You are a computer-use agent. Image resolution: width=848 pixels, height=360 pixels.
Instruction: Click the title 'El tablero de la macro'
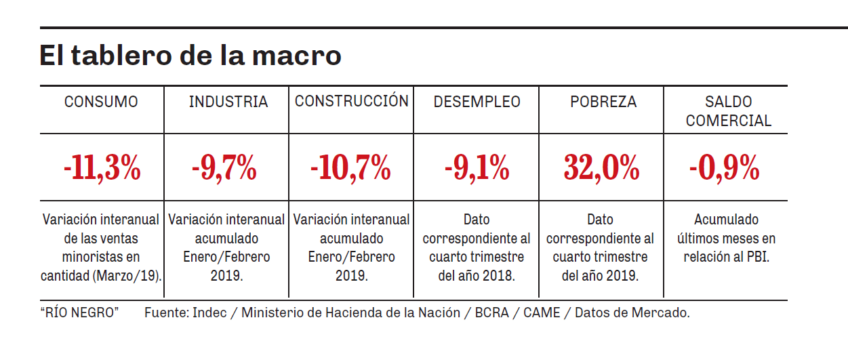pyautogui.click(x=190, y=56)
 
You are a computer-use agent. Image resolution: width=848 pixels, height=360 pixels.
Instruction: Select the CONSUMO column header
pyautogui.click(x=101, y=102)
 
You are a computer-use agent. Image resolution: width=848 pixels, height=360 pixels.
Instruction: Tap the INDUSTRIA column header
pyautogui.click(x=228, y=102)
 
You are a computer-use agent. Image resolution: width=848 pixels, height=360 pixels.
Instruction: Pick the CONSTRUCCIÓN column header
pyautogui.click(x=351, y=101)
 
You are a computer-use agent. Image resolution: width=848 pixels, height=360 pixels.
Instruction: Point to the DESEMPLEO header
pyautogui.click(x=477, y=102)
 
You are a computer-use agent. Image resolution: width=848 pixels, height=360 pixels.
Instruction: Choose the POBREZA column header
pyautogui.click(x=603, y=102)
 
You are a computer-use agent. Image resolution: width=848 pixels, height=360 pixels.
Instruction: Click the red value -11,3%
pyautogui.click(x=102, y=167)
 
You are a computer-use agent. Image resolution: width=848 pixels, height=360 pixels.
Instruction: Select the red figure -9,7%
pyautogui.click(x=224, y=167)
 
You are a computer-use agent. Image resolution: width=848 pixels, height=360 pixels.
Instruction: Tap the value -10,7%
pyautogui.click(x=350, y=167)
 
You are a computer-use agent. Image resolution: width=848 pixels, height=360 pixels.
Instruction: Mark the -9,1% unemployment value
pyautogui.click(x=477, y=167)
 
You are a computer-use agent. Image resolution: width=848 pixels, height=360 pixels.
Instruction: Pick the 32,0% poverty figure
pyautogui.click(x=601, y=167)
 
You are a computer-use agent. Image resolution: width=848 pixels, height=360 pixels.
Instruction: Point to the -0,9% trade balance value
pyautogui.click(x=724, y=167)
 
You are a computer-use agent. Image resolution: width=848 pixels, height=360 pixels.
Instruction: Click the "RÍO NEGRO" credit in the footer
pyautogui.click(x=79, y=313)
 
